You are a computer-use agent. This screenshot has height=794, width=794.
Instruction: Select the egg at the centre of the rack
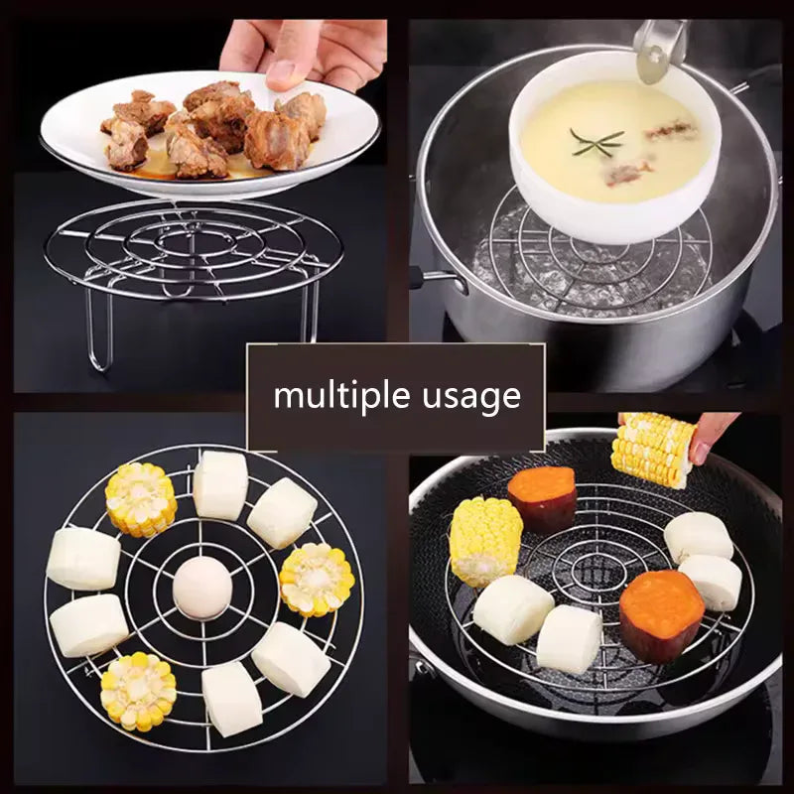pyautogui.click(x=202, y=588)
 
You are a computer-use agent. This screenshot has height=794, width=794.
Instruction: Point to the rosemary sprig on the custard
pyautogui.click(x=595, y=142)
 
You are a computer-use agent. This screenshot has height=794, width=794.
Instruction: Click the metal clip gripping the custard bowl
pyautogui.click(x=658, y=45)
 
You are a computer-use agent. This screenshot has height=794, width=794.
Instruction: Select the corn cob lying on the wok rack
pyautogui.click(x=484, y=541)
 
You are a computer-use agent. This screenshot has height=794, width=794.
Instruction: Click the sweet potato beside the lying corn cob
pyautogui.click(x=542, y=498)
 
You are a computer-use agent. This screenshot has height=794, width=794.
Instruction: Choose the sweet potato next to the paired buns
pyautogui.click(x=661, y=615)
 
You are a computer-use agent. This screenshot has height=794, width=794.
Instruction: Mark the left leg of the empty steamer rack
pyautogui.click(x=98, y=328)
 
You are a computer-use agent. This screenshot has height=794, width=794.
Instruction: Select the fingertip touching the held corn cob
pyautogui.click(x=703, y=452)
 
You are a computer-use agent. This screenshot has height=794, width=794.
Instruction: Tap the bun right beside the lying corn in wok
pyautogui.click(x=513, y=608)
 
